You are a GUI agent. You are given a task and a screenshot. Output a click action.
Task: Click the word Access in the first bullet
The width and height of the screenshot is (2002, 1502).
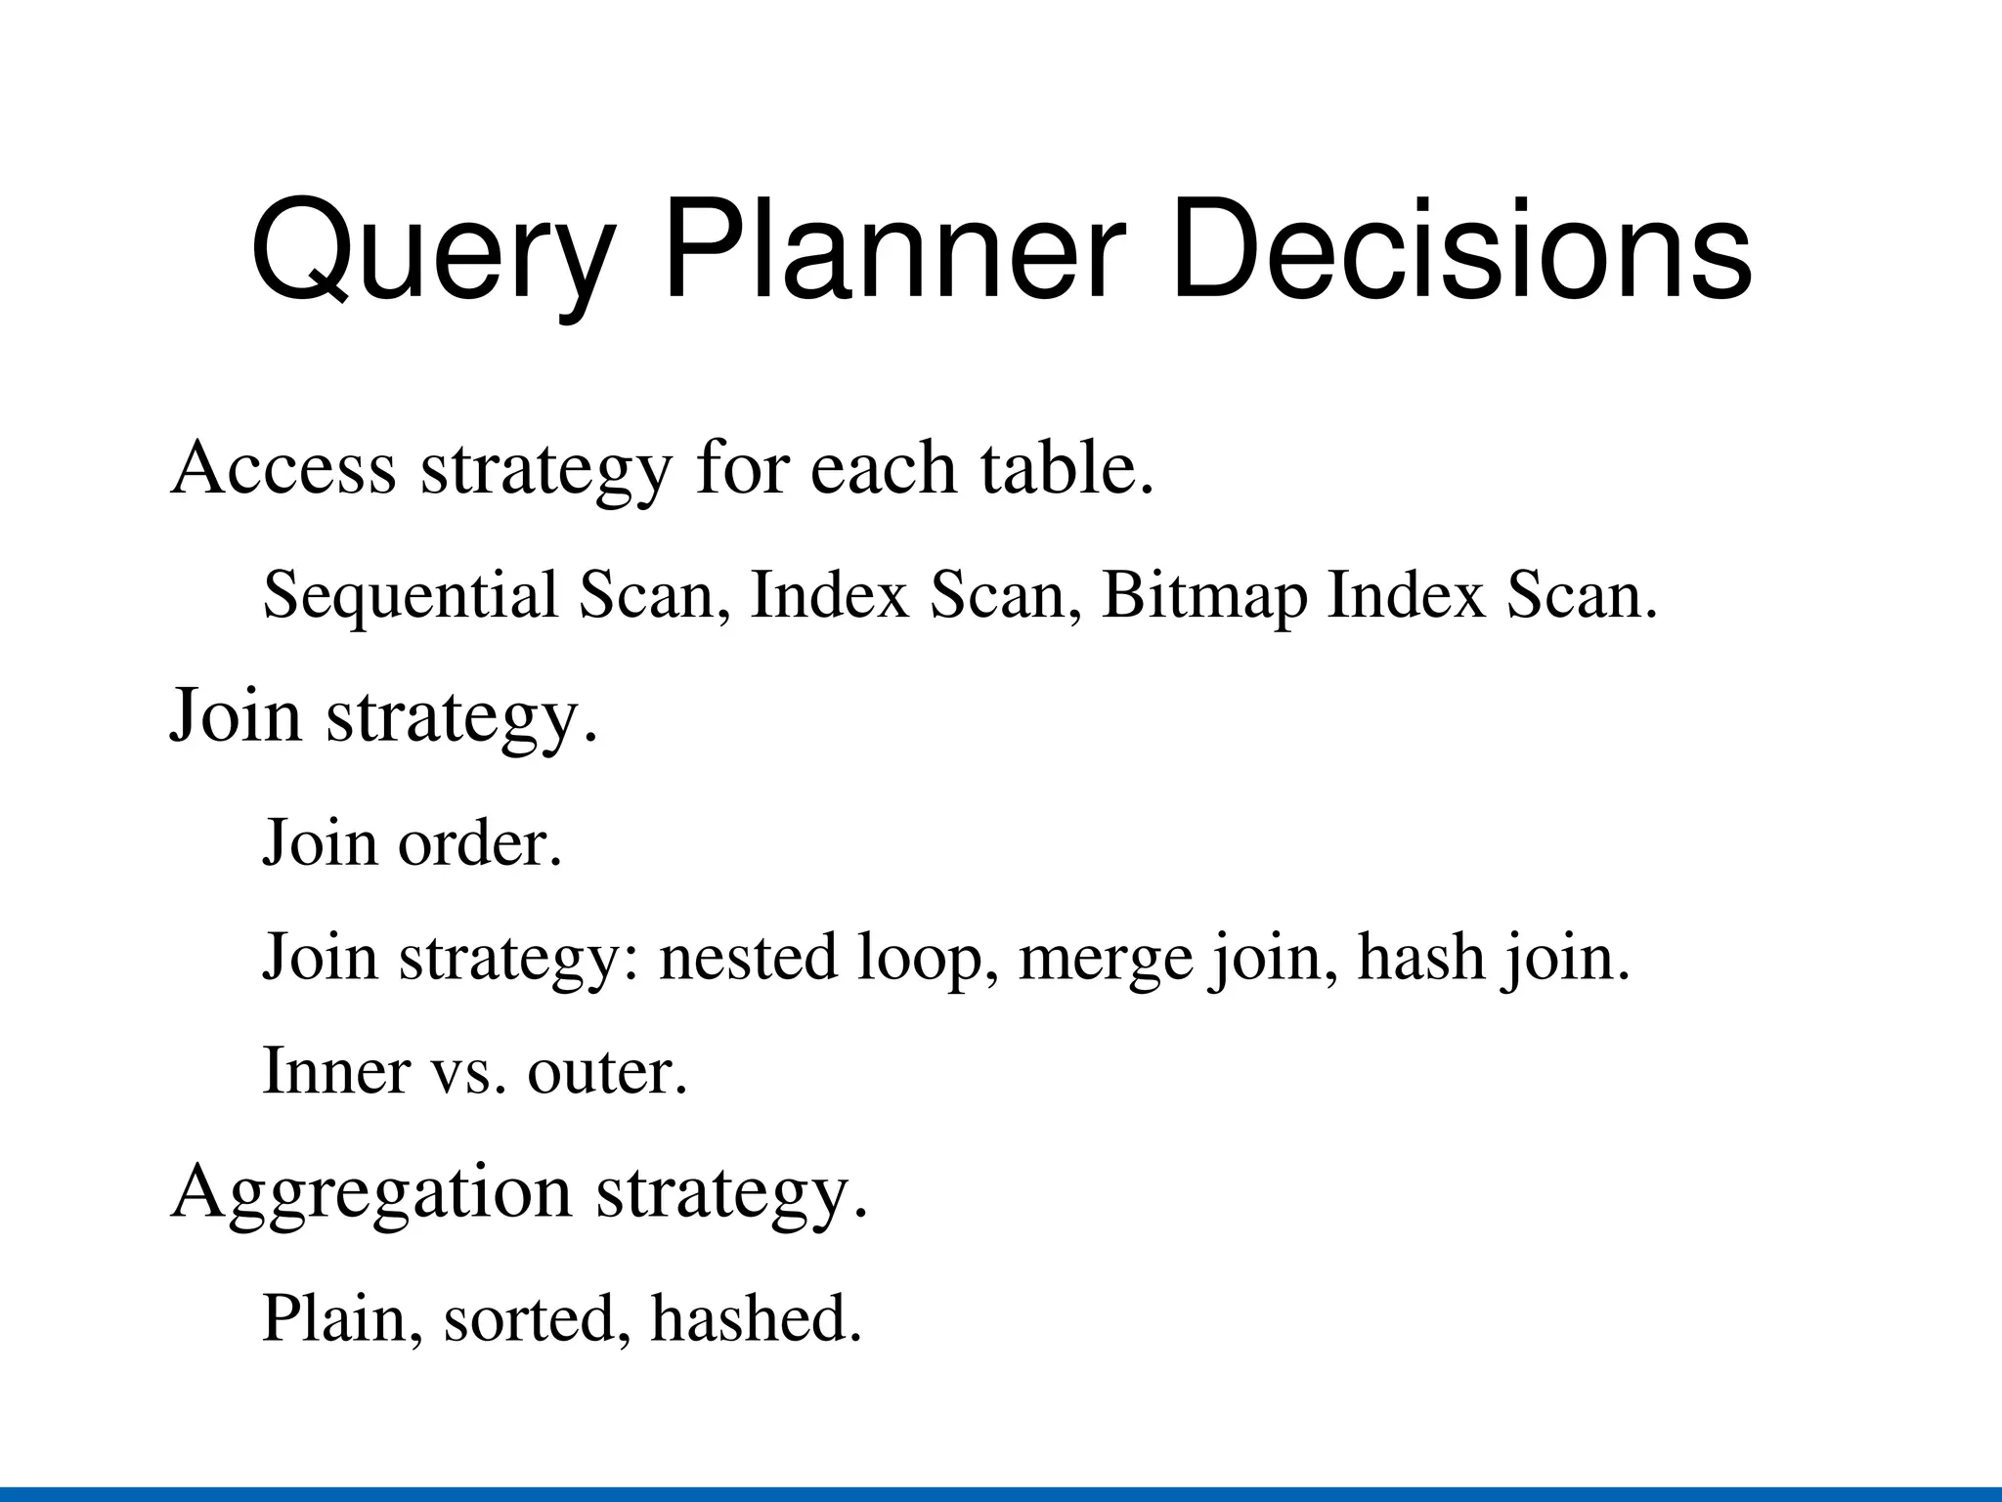283,468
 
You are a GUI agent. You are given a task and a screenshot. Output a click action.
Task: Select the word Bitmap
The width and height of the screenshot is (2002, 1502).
1203,596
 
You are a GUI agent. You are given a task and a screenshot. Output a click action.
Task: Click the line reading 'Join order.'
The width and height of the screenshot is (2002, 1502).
412,841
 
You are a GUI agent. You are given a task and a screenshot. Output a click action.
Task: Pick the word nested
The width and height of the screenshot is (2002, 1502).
748,957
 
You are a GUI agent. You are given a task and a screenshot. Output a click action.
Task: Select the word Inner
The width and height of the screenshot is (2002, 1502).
336,1071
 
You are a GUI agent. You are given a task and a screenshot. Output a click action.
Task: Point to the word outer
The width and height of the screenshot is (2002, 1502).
607,1073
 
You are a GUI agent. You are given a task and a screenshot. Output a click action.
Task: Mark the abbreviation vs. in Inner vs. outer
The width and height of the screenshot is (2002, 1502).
468,1073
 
